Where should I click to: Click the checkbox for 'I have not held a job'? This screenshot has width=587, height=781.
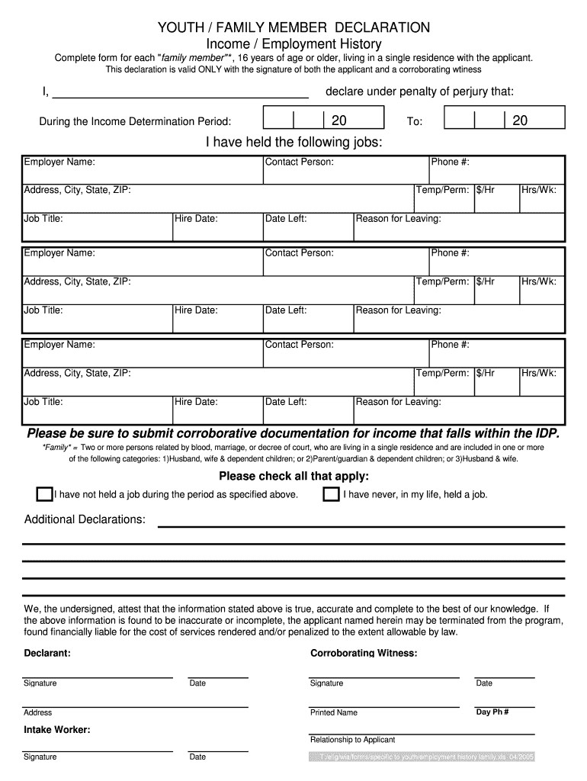44,494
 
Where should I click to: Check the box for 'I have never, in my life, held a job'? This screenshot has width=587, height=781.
331,494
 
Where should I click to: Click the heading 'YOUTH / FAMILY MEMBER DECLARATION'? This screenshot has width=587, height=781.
293,28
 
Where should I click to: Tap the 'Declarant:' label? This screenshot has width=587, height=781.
47,654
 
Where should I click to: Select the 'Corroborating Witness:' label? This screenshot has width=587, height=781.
364,654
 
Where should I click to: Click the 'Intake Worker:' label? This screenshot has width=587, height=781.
57,730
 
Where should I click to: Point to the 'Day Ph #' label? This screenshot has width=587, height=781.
492,712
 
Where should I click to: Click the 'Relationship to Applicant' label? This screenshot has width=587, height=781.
352,740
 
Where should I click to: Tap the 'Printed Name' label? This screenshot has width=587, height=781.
333,712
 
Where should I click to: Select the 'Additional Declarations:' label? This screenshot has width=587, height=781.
85,519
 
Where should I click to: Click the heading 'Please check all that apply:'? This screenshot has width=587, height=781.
293,477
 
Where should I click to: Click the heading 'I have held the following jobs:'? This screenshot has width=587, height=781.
293,143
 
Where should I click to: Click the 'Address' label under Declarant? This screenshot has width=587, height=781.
38,712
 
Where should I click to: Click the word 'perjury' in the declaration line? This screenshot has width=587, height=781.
452,92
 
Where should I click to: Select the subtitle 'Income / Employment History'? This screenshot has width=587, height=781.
293,44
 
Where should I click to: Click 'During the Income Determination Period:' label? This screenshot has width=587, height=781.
135,121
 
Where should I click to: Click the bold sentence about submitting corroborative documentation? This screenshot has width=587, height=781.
293,433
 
